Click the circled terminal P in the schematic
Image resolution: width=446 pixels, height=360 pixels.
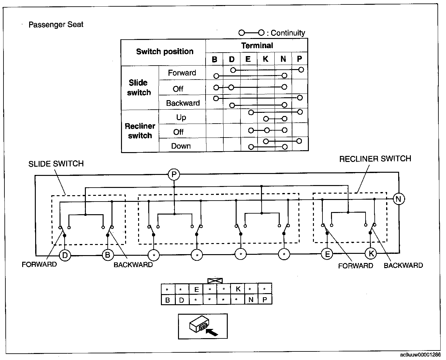point(174,174)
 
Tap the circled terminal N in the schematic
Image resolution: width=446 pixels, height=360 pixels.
point(398,199)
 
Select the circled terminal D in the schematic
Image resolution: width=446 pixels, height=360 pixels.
point(65,255)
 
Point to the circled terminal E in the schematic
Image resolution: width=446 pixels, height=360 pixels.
point(327,254)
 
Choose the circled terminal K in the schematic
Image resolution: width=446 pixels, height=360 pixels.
point(371,253)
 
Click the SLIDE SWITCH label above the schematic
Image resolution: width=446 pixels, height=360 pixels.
point(56,164)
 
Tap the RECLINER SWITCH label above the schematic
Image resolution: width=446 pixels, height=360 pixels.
point(375,159)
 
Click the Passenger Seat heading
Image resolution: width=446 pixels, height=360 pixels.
point(56,24)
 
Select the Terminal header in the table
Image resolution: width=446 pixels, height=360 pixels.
point(257,46)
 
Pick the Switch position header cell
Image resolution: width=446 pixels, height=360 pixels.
point(165,52)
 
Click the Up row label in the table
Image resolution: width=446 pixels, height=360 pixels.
point(181,118)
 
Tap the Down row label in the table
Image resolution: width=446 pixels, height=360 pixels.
point(181,146)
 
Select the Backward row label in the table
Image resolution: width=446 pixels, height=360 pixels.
point(183,103)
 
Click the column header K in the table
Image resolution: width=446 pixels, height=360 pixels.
point(265,59)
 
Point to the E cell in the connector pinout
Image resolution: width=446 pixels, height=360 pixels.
point(196,289)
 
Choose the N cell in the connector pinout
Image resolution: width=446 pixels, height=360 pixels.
point(251,299)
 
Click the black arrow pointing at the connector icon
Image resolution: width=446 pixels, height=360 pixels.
point(212,332)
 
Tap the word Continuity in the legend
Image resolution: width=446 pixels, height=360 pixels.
point(288,33)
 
